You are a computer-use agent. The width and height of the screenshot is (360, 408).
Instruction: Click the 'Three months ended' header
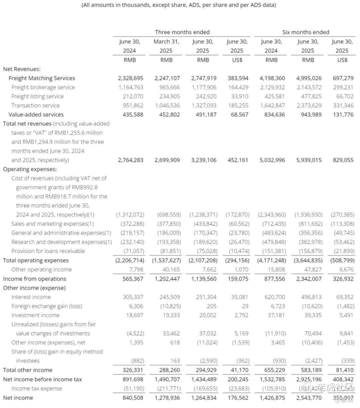coord(182,32)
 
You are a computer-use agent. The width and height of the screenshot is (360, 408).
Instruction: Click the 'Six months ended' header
coord(305,32)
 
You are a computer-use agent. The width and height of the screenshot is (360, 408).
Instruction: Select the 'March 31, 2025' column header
coord(166,46)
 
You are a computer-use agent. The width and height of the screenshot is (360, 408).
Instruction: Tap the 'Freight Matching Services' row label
coord(42,78)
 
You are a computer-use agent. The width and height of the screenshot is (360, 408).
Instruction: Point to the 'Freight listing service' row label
coord(37,96)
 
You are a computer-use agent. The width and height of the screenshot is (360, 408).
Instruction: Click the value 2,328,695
coord(130,78)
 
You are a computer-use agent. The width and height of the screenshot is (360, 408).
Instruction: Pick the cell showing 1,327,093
coord(204,105)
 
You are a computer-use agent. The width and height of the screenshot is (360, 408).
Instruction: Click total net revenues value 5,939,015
coord(308,160)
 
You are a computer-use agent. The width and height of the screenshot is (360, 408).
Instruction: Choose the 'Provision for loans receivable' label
coord(48,251)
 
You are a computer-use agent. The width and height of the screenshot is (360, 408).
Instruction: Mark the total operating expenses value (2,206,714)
coord(130,260)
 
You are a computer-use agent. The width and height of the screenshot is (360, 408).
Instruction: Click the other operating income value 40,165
coord(171,269)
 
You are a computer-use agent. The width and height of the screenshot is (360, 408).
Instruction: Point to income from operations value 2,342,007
coord(308,279)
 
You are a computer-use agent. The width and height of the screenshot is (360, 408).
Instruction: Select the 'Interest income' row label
coord(31,297)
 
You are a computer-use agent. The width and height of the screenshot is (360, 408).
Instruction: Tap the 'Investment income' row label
coord(35,315)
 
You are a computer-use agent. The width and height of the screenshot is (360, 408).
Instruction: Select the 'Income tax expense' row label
coord(36,389)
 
